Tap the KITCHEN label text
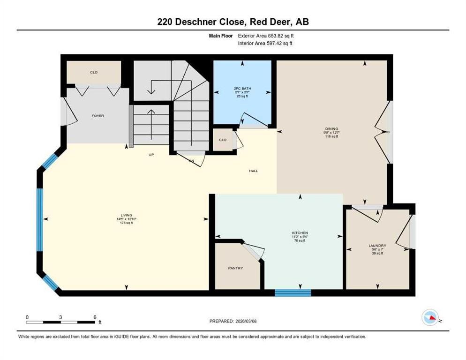tap(300, 233)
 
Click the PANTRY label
tap(236, 268)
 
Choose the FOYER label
tap(98, 116)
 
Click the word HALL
tap(253, 171)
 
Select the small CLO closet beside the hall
tap(223, 140)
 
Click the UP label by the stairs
tap(151, 154)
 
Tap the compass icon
tap(430, 317)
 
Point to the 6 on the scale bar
tap(95, 317)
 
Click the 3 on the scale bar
tap(61, 317)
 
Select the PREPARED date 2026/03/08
tap(253, 321)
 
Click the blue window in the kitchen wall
tap(293, 293)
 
